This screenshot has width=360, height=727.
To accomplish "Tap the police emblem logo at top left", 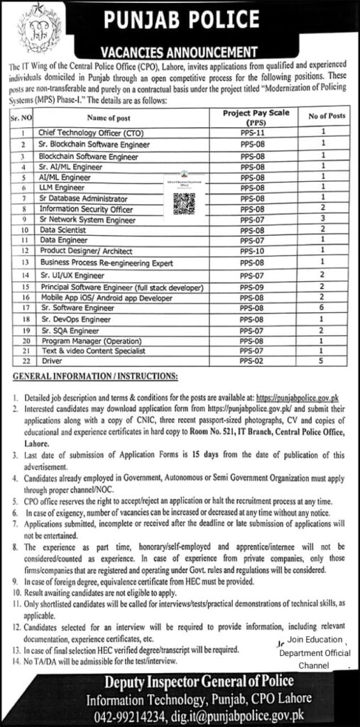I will tap(28, 29).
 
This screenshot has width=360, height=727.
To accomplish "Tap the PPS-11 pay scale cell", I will tap(252, 132).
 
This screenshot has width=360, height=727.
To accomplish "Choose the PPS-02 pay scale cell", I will tap(252, 361).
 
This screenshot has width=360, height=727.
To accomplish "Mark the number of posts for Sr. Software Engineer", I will tap(323, 310).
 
